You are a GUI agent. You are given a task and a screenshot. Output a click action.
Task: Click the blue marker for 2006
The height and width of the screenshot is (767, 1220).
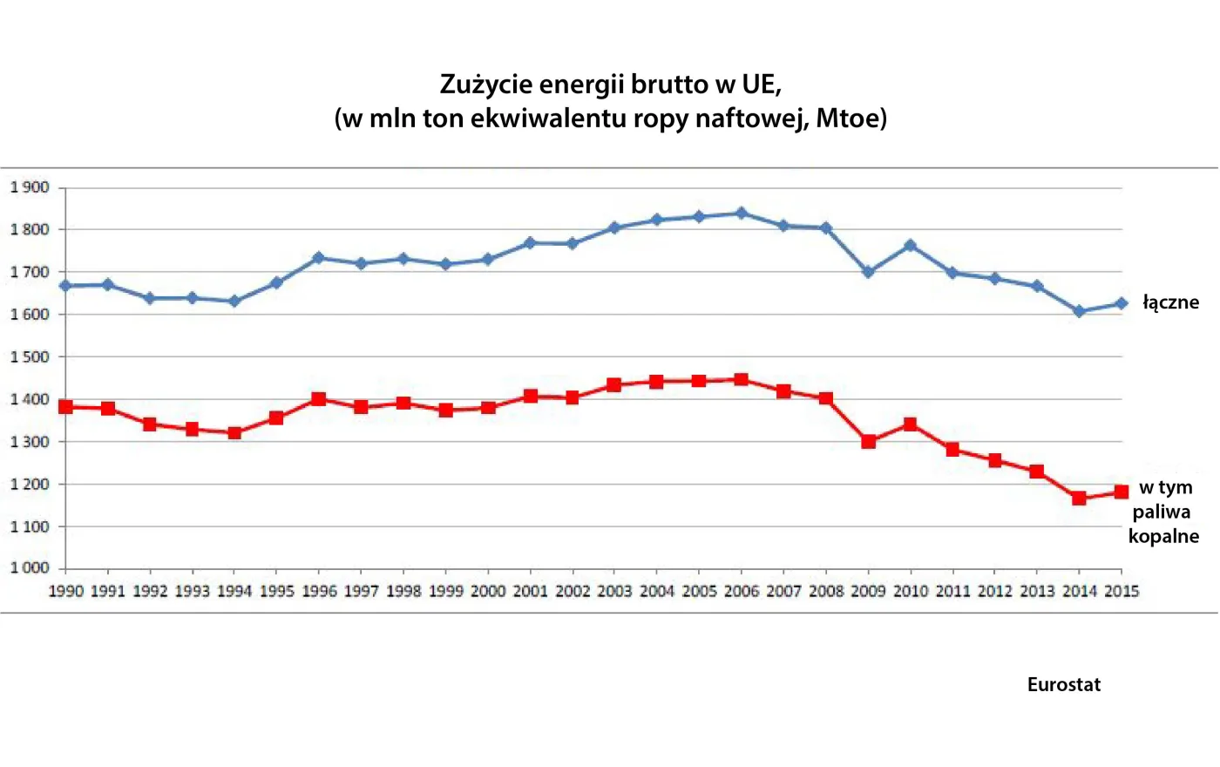742,214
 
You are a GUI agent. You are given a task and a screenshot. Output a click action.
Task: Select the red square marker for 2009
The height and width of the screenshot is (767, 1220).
868,441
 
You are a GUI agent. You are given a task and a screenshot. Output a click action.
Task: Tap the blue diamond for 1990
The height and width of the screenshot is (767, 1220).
65,286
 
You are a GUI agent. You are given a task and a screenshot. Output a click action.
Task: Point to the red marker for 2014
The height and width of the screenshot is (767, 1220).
1079,499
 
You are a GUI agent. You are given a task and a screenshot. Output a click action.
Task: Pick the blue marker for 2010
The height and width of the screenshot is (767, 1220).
911,246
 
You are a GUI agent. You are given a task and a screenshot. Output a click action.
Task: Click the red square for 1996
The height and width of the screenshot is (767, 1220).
319,399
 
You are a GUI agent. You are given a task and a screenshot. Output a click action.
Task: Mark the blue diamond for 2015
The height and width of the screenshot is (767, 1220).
1122,304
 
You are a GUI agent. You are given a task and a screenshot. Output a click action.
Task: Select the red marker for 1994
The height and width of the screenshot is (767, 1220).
234,432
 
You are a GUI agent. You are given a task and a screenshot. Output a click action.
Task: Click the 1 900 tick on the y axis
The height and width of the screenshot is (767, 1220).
30,187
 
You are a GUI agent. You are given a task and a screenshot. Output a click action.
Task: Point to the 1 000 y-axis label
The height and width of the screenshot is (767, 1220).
30,568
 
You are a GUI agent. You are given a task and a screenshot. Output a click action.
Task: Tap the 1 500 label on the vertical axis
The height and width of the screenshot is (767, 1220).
30,356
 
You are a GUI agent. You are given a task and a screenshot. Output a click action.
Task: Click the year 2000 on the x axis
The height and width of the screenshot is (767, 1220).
488,591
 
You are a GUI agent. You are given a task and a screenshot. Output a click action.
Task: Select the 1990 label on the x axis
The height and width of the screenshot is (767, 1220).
65,591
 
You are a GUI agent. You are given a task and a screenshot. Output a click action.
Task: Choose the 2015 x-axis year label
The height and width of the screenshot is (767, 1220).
1122,591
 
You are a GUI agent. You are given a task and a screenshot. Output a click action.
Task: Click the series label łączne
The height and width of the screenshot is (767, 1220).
1170,302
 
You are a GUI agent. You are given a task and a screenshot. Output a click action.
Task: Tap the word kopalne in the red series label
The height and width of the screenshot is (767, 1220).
1163,536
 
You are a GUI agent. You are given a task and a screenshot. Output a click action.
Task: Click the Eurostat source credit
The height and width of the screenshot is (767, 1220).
1063,685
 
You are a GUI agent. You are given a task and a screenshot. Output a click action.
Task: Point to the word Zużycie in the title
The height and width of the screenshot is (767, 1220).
485,85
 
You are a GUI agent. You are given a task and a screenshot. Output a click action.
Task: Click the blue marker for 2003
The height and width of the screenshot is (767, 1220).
614,227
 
